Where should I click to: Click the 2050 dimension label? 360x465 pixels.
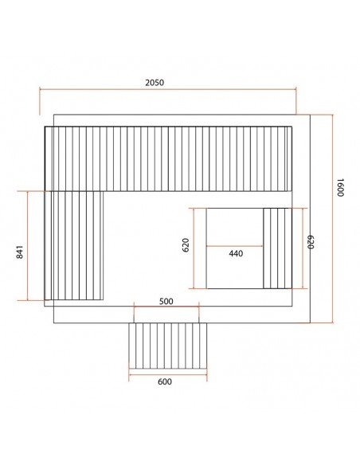[x=155, y=83]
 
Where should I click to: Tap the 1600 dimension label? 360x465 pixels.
[x=340, y=187]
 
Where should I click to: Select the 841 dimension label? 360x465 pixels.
[x=20, y=252]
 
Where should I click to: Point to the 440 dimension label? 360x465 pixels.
[x=236, y=253]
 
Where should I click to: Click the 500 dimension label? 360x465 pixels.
[x=166, y=301]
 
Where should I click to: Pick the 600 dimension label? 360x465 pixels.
[x=165, y=381]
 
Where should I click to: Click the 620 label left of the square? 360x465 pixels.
[x=186, y=245]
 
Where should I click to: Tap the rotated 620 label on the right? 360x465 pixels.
[x=310, y=242]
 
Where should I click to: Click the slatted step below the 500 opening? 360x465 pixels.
[x=168, y=346]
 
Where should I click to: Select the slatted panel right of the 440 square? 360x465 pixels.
[x=277, y=248]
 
